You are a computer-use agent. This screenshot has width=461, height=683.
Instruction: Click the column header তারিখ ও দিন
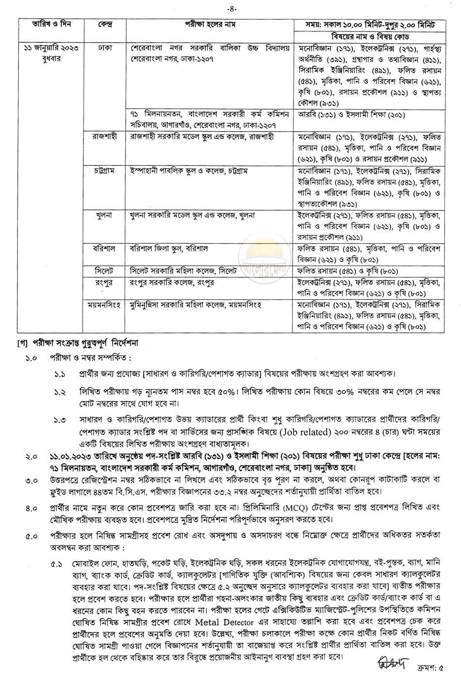click(x=49, y=23)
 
